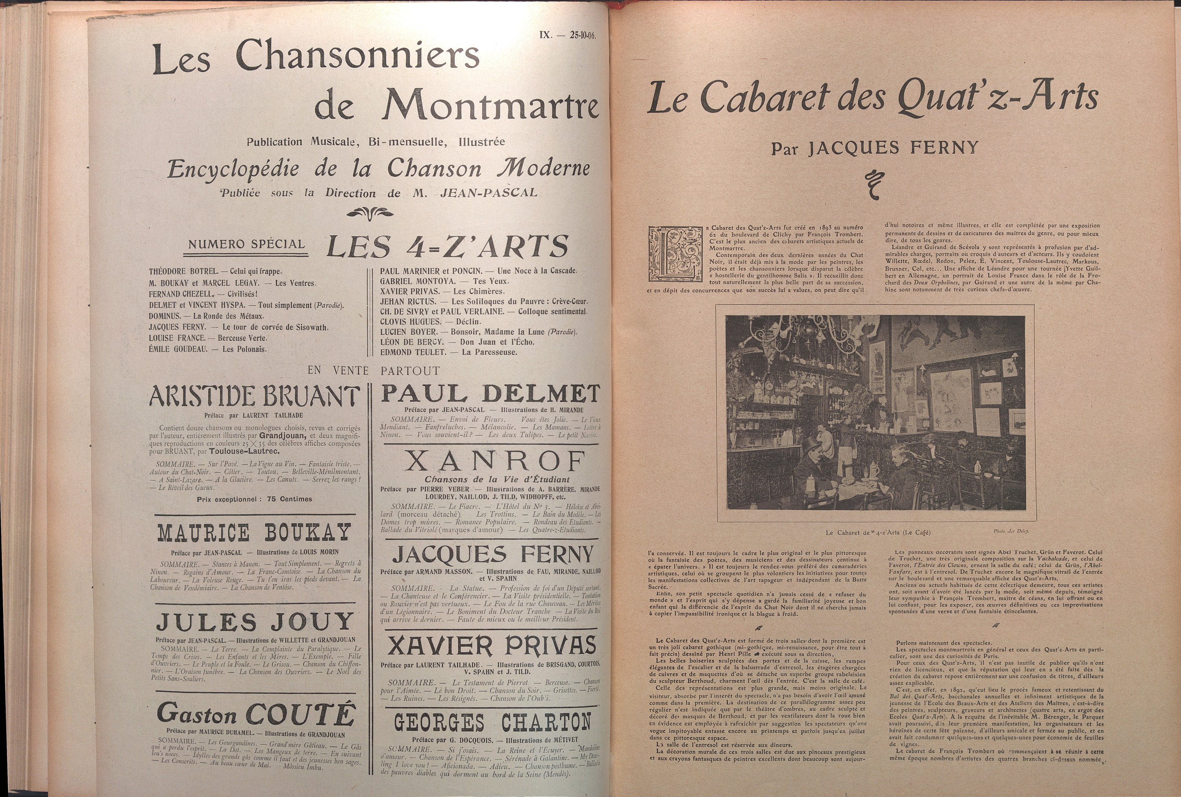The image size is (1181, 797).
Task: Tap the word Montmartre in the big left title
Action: point(491,105)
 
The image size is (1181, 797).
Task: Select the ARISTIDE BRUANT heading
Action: point(254,397)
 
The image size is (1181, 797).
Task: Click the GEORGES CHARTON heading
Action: point(492,722)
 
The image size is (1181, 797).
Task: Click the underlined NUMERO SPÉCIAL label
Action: point(246,245)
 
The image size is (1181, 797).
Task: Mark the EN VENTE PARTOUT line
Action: point(373,371)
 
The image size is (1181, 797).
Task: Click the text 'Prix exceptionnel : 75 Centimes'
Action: point(254,499)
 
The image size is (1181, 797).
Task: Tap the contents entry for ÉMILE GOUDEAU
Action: point(207,349)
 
